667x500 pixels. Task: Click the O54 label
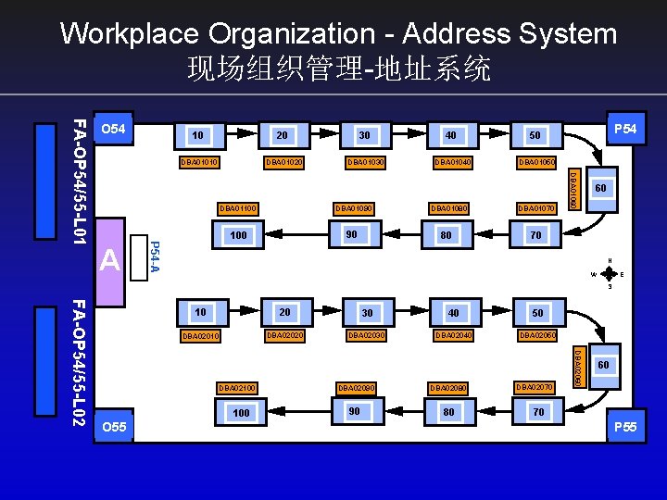click(113, 129)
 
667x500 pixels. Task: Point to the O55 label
click(113, 427)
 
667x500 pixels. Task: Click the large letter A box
click(110, 261)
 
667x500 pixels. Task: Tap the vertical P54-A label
click(155, 256)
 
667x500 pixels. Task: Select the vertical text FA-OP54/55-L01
click(80, 181)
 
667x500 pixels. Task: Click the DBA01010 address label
click(199, 163)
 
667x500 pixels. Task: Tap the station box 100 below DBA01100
click(238, 235)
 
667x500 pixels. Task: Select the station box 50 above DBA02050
click(537, 313)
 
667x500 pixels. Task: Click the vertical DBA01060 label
click(573, 188)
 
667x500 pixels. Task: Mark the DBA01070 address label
click(535, 208)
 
